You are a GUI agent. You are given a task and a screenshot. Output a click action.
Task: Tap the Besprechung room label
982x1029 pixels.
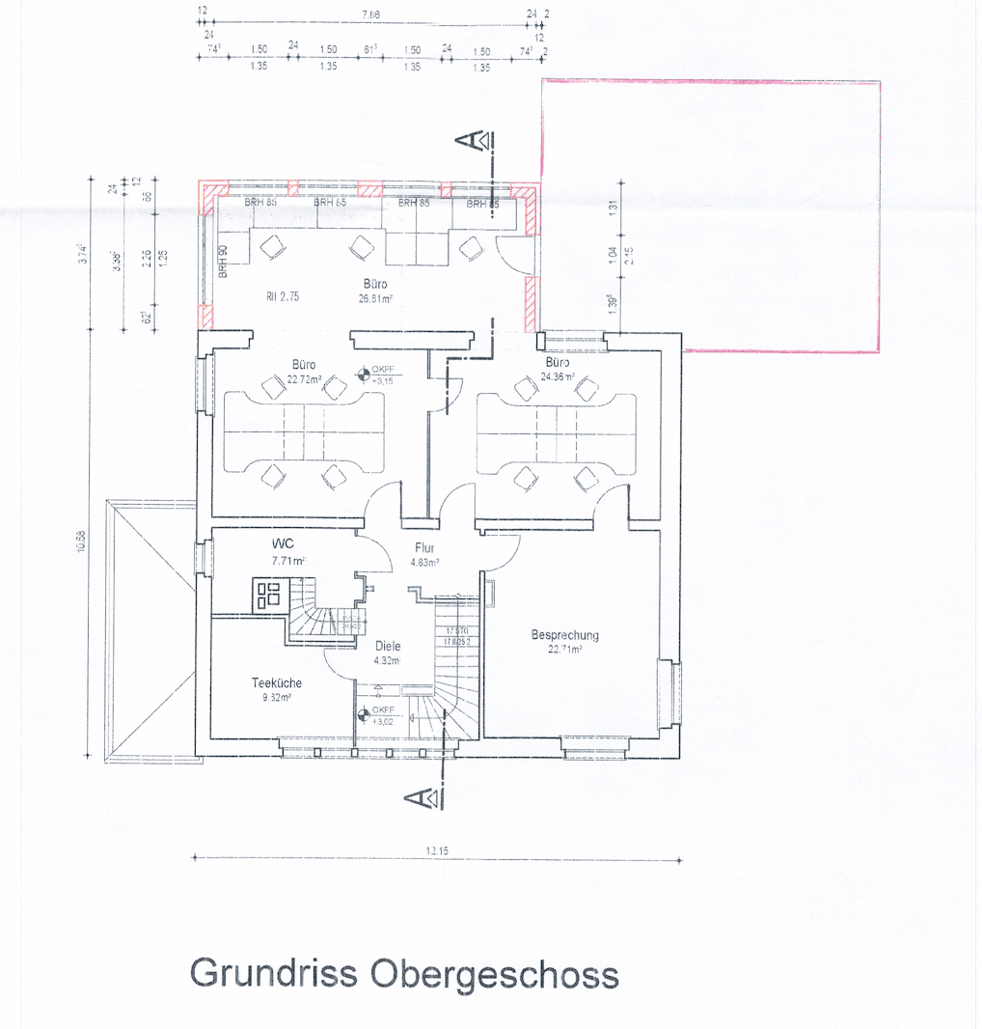(x=565, y=635)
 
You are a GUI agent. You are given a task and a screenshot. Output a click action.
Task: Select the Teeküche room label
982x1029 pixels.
(x=277, y=682)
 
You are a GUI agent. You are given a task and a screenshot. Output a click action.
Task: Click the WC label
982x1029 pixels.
(x=282, y=543)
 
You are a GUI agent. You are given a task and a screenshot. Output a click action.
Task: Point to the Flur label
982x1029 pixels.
(x=425, y=547)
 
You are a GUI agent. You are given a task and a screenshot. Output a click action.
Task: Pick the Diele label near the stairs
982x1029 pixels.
(x=388, y=647)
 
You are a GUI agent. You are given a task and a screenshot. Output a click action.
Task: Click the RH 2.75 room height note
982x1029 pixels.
(x=283, y=297)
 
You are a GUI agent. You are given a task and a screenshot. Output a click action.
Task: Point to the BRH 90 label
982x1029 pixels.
(x=223, y=263)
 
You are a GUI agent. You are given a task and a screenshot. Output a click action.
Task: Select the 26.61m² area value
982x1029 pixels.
(x=376, y=298)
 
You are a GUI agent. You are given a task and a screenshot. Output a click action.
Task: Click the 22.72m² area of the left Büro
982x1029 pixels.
(x=305, y=378)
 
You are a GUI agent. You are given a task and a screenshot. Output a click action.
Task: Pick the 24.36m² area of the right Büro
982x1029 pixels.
(x=557, y=376)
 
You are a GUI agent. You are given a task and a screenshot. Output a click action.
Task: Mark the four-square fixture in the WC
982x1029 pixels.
(x=268, y=592)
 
